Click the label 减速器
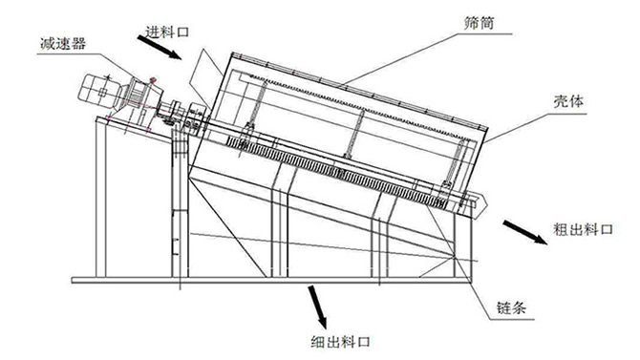pyautogui.click(x=63, y=43)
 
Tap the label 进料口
pyautogui.click(x=167, y=32)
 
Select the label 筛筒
pyautogui.click(x=479, y=23)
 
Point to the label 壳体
pyautogui.click(x=568, y=101)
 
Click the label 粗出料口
pyautogui.click(x=583, y=229)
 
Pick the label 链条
pyautogui.click(x=511, y=307)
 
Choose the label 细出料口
pyautogui.click(x=340, y=341)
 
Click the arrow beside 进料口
pyautogui.click(x=160, y=48)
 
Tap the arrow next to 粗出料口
pyautogui.click(x=525, y=232)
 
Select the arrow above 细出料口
pyautogui.click(x=317, y=307)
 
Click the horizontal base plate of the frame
pyautogui.click(x=271, y=281)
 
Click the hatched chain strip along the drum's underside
pyautogui.click(x=335, y=173)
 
